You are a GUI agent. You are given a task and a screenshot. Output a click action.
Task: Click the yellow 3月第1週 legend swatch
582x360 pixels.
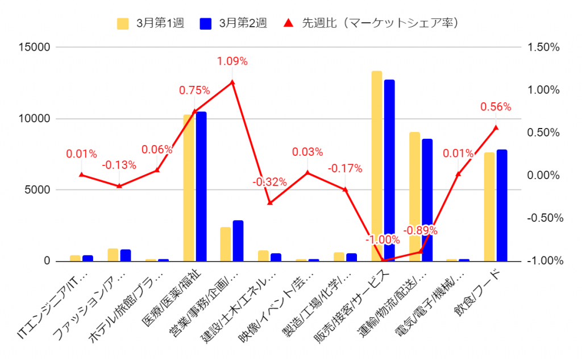[123, 23]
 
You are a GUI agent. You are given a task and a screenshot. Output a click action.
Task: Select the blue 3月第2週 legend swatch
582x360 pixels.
[206, 23]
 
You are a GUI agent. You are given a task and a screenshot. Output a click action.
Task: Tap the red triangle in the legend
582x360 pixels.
[288, 23]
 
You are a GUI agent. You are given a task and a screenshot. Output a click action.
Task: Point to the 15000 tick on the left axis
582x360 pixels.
[35, 47]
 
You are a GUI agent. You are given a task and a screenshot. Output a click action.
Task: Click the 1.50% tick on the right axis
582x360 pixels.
[543, 47]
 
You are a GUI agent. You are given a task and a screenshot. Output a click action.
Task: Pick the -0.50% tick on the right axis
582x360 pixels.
[545, 218]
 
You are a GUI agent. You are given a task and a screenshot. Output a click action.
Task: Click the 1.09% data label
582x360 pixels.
[232, 61]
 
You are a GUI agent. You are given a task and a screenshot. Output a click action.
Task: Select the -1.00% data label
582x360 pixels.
[383, 239]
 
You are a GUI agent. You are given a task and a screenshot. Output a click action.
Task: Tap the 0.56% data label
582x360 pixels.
[496, 107]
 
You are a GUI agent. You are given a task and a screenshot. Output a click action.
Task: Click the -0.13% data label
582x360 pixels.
[119, 165]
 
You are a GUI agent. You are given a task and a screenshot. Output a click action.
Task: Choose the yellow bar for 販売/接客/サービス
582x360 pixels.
[377, 166]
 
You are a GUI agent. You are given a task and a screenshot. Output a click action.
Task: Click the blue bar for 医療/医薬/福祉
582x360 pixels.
[201, 187]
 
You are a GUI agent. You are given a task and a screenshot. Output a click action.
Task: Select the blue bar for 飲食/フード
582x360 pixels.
[502, 205]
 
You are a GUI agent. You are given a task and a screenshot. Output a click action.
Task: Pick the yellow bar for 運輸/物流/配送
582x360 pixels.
[414, 197]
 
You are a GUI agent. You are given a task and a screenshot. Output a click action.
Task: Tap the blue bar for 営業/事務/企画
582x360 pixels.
[238, 241]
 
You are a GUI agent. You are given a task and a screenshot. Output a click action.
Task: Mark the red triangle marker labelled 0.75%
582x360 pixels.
[194, 111]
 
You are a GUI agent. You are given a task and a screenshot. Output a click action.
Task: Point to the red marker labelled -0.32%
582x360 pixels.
[270, 202]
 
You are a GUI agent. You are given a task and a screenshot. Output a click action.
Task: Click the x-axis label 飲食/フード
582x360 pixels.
[477, 293]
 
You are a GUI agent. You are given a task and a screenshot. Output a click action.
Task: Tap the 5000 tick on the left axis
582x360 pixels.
[37, 190]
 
